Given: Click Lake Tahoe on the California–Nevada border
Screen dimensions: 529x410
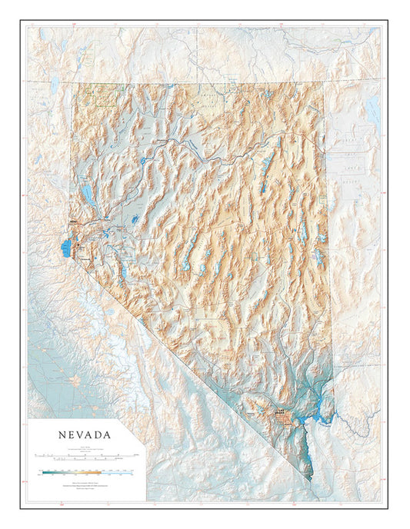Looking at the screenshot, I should click(x=65, y=248).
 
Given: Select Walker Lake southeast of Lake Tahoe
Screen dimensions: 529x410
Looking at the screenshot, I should click(x=123, y=273).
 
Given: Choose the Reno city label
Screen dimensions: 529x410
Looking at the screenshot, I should click(x=75, y=224).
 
